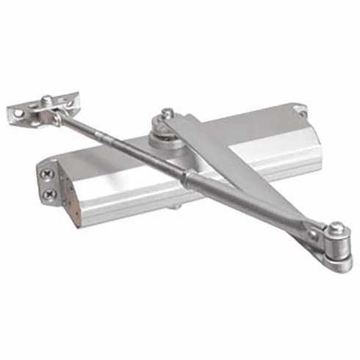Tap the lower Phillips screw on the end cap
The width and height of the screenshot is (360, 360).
49,195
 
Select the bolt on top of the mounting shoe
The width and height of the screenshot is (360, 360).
46,100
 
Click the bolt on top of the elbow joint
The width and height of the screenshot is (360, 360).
335,227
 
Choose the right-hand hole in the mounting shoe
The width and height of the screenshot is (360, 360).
73,98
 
